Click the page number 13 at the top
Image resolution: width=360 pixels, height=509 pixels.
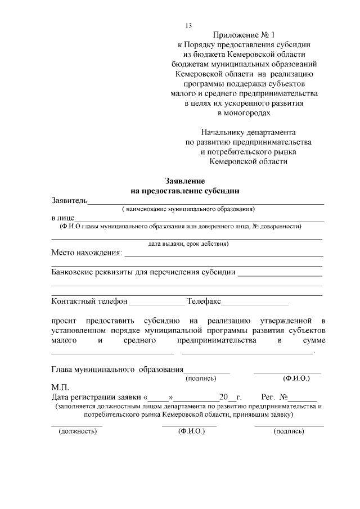click(x=189, y=26)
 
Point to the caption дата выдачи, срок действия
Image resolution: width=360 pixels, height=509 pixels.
click(x=188, y=244)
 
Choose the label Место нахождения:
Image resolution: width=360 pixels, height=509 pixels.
click(x=86, y=253)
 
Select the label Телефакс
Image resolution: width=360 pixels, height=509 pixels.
click(x=205, y=301)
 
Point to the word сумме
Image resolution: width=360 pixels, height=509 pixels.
click(x=314, y=340)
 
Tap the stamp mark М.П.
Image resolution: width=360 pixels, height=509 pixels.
click(x=60, y=388)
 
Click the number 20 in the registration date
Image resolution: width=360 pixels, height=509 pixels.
click(x=224, y=397)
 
